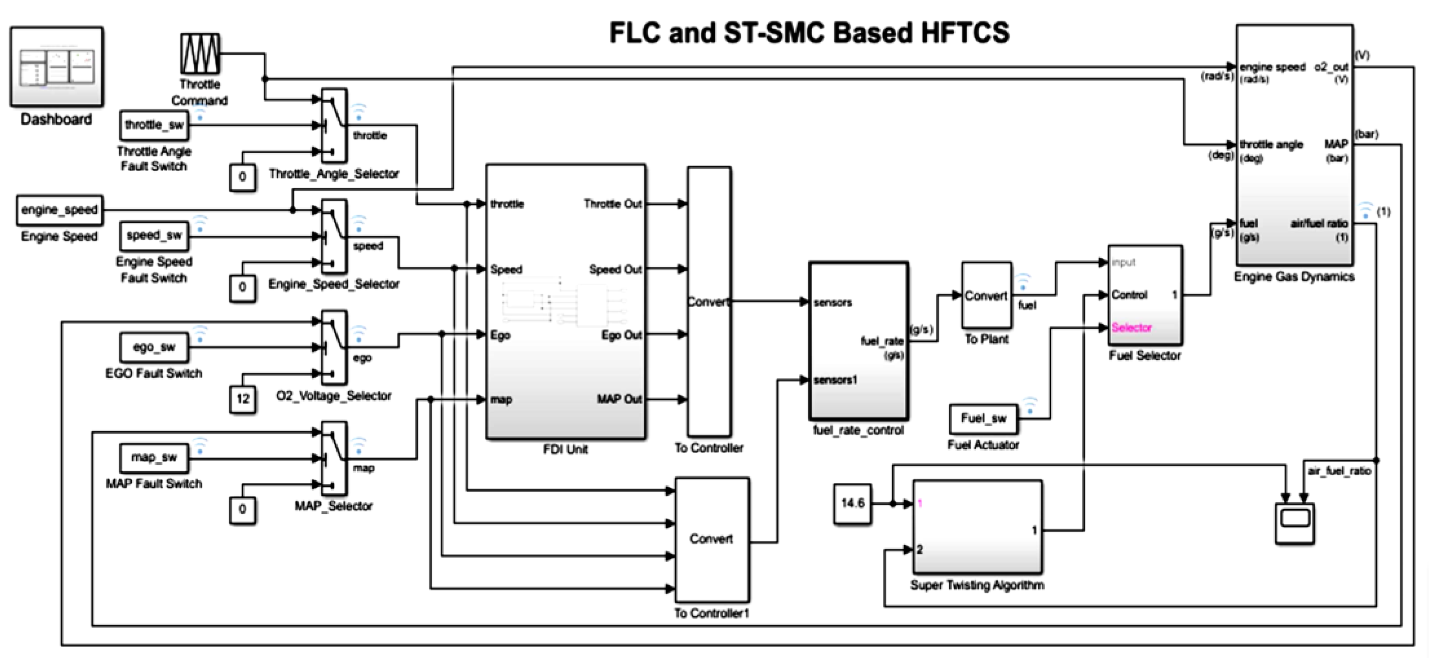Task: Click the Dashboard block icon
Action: [56, 66]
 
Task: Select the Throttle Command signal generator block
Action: [199, 54]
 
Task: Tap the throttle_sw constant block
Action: [154, 125]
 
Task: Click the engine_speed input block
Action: [59, 210]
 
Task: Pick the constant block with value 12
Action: [243, 399]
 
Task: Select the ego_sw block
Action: [154, 347]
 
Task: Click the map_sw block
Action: [154, 457]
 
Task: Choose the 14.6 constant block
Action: [852, 504]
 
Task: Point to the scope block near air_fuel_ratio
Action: [1294, 522]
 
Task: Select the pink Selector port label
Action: [1132, 327]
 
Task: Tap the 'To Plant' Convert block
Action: [986, 295]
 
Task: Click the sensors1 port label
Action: [835, 380]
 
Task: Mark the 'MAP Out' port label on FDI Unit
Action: [619, 399]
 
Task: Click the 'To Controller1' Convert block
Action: [711, 539]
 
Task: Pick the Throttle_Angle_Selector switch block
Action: [335, 126]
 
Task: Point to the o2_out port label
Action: [1331, 67]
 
